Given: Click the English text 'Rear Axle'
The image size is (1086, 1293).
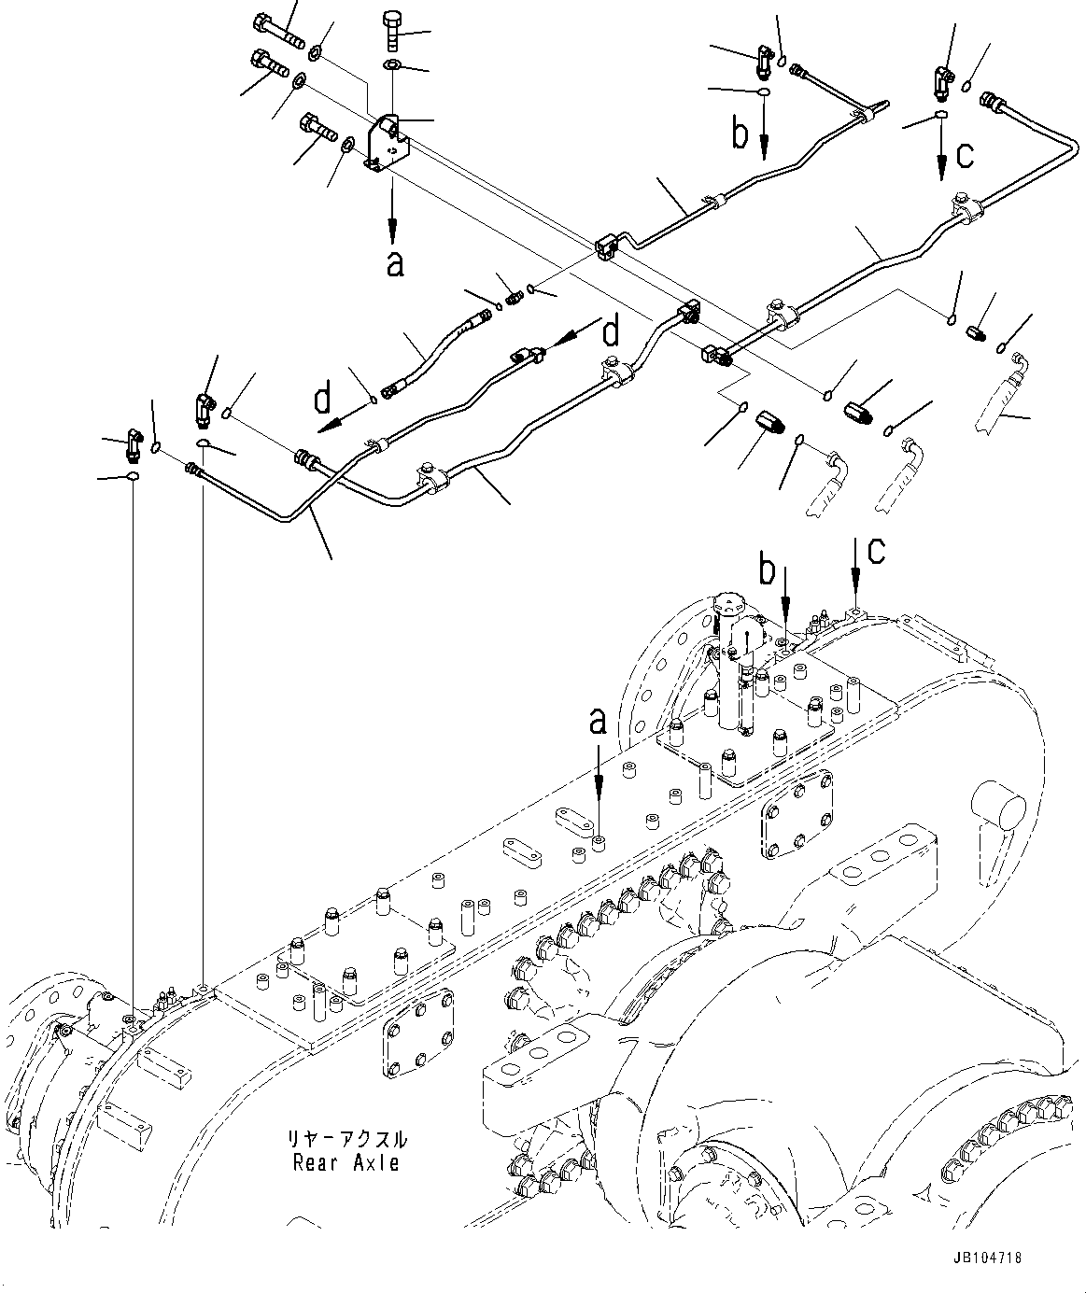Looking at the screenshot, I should coord(346,1163).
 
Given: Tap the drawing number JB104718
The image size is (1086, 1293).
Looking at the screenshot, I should coord(988,1258).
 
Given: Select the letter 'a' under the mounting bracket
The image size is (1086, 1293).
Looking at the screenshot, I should coord(394,263).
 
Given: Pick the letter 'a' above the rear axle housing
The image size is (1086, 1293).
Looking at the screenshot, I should coord(598,724).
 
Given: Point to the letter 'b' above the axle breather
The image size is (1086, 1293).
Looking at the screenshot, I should coord(767,569).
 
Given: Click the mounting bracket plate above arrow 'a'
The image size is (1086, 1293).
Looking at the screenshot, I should coord(387,143).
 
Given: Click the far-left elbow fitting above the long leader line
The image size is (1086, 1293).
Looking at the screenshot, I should coord(131,444).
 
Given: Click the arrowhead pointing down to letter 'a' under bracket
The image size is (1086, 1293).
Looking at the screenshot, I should coord(392,232).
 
